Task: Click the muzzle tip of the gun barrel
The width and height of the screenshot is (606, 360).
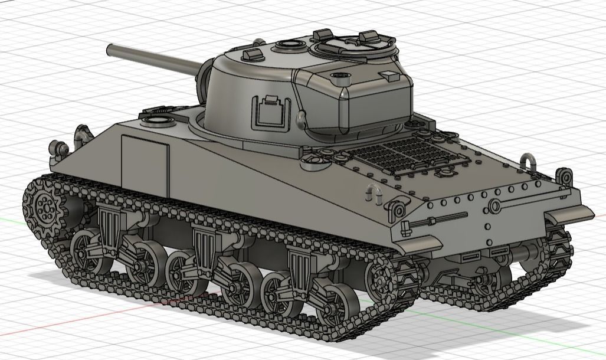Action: tap(110, 50)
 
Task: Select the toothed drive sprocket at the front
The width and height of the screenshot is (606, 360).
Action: tap(45, 207)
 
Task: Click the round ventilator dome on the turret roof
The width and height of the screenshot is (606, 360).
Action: tap(288, 44)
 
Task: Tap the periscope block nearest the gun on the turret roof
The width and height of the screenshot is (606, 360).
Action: tap(253, 54)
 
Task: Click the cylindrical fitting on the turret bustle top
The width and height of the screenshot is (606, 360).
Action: tap(340, 76)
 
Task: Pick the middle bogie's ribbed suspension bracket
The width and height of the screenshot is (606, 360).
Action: tap(204, 245)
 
